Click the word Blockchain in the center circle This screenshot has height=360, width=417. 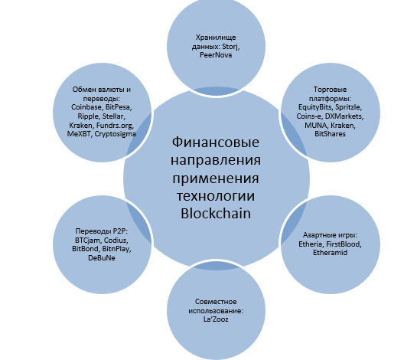click(216, 214)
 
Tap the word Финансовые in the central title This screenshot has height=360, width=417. click(216, 142)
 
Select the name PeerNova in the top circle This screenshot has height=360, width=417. click(216, 55)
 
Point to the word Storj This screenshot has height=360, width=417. click(231, 47)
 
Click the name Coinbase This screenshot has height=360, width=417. click(86, 107)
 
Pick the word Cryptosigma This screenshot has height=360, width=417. click(116, 134)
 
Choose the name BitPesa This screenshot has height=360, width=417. click(119, 107)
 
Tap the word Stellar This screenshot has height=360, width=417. click(113, 116)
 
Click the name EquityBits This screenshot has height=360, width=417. click(315, 107)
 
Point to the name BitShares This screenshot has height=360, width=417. click(330, 134)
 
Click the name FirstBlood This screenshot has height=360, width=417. click(344, 244)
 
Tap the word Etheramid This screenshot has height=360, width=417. click(330, 253)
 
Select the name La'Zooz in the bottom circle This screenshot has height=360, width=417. click(216, 319)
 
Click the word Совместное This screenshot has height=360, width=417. click(216, 302)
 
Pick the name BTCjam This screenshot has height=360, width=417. click(88, 241)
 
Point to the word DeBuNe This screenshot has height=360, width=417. click(102, 258)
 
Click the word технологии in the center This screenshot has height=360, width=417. click(216, 196)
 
